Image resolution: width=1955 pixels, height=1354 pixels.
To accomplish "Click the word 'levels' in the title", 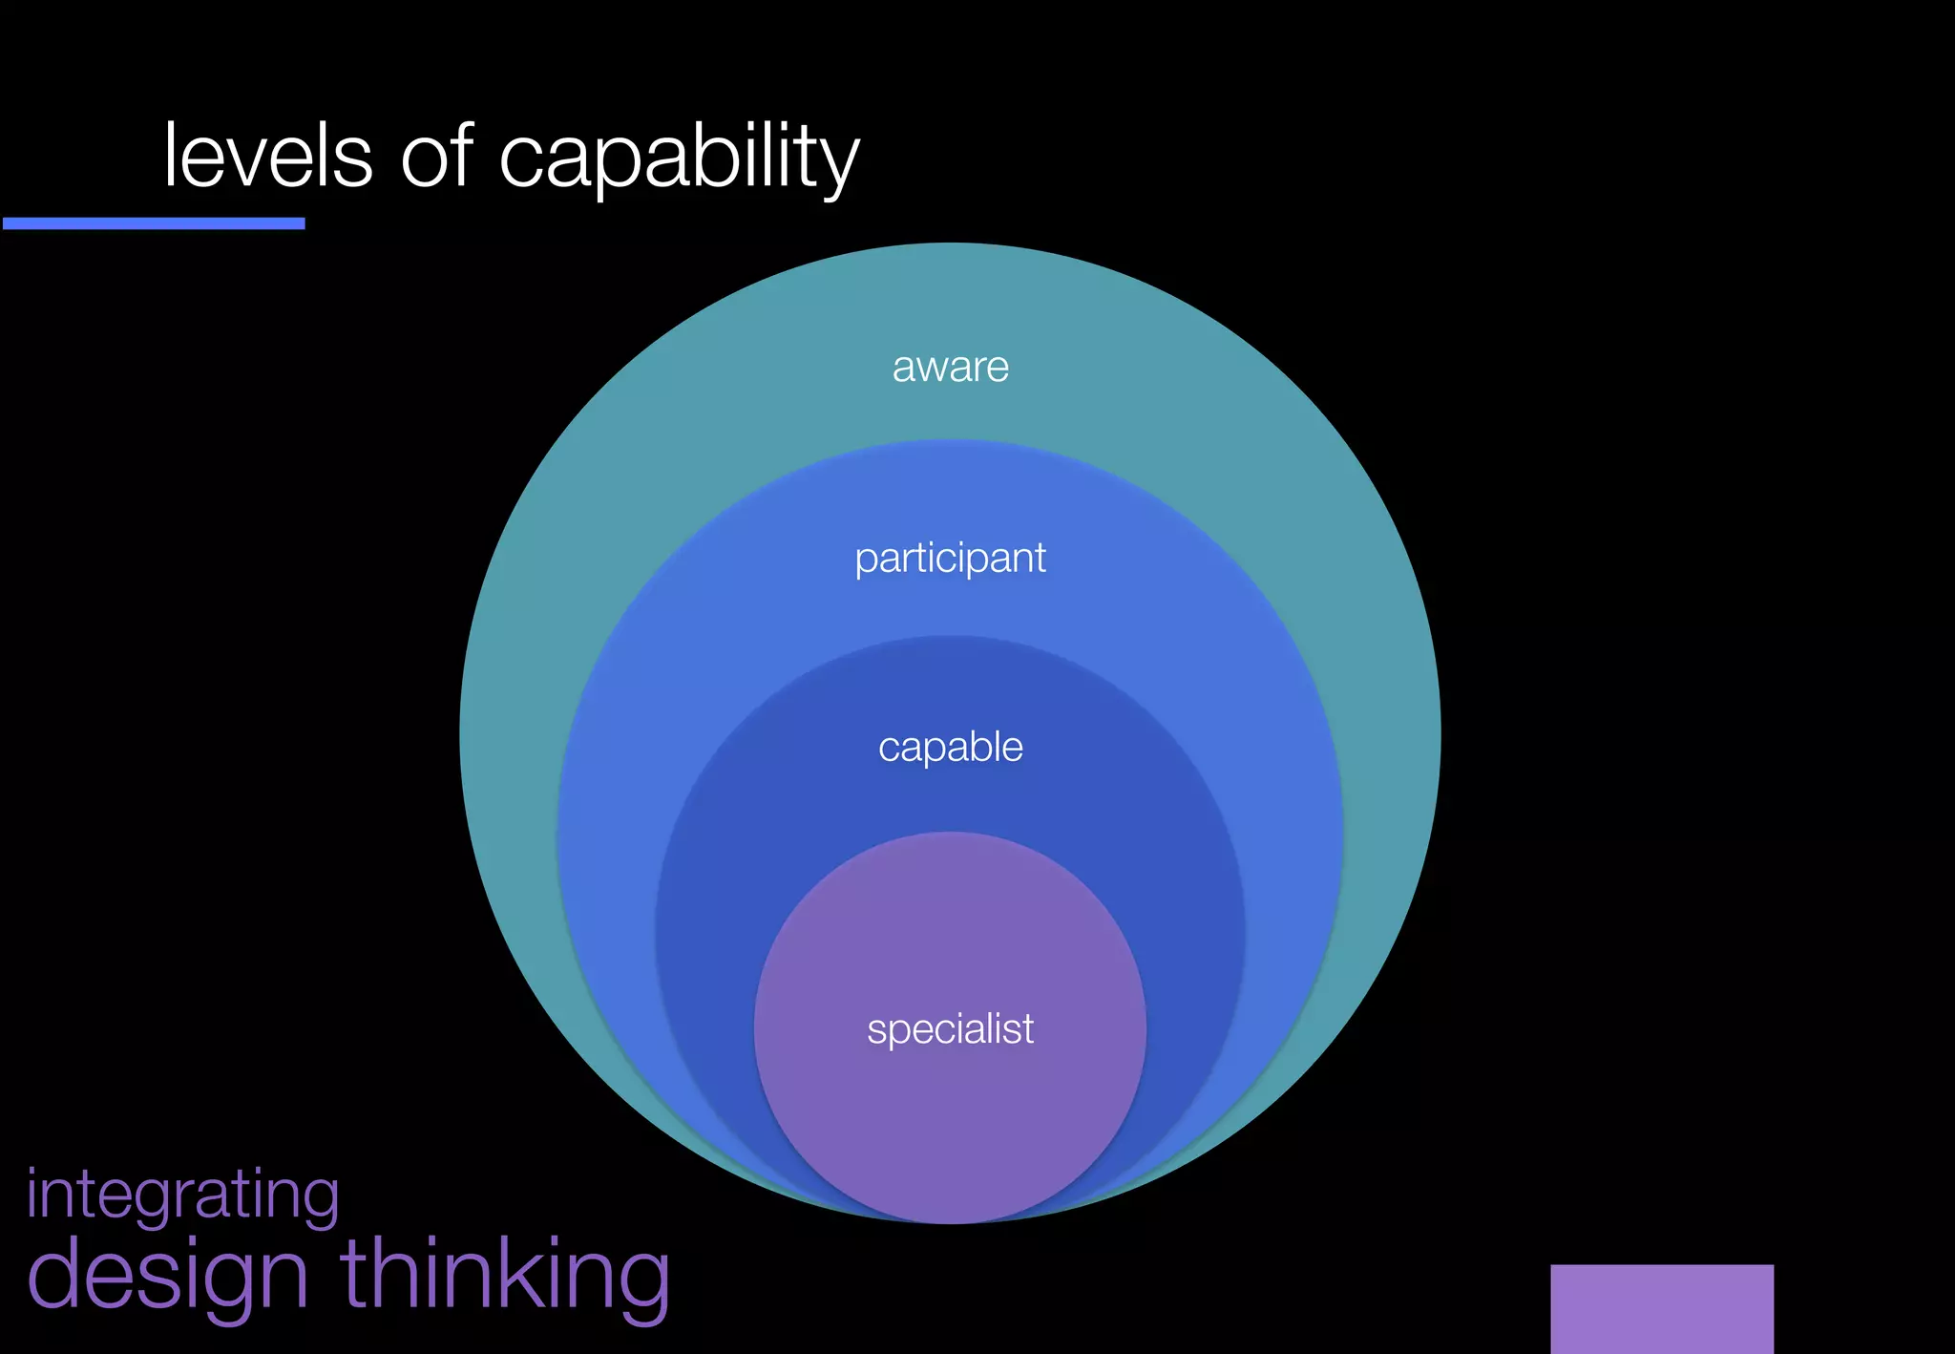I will [x=267, y=157].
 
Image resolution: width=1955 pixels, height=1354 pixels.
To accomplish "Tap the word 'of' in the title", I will [x=437, y=155].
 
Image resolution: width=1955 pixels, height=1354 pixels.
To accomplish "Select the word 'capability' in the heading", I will [x=679, y=159].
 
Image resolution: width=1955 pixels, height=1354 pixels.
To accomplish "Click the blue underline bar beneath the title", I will [x=154, y=223].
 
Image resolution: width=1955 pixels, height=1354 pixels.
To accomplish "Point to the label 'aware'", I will [x=950, y=368].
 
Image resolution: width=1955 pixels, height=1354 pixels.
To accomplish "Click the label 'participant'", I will [x=950, y=559].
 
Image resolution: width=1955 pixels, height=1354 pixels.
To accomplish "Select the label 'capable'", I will [x=950, y=747].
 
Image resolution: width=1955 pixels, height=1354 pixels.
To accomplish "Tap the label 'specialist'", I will [x=950, y=1029].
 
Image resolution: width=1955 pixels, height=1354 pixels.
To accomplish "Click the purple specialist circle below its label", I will [x=950, y=1136].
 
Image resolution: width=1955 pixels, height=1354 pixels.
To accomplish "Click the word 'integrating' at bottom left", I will [x=182, y=1195].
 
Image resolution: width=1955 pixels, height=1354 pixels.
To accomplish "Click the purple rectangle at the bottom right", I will [x=1661, y=1308].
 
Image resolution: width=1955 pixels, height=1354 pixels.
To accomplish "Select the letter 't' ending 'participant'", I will [x=1040, y=558].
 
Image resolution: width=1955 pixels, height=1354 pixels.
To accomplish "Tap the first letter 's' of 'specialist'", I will [x=875, y=1031].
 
